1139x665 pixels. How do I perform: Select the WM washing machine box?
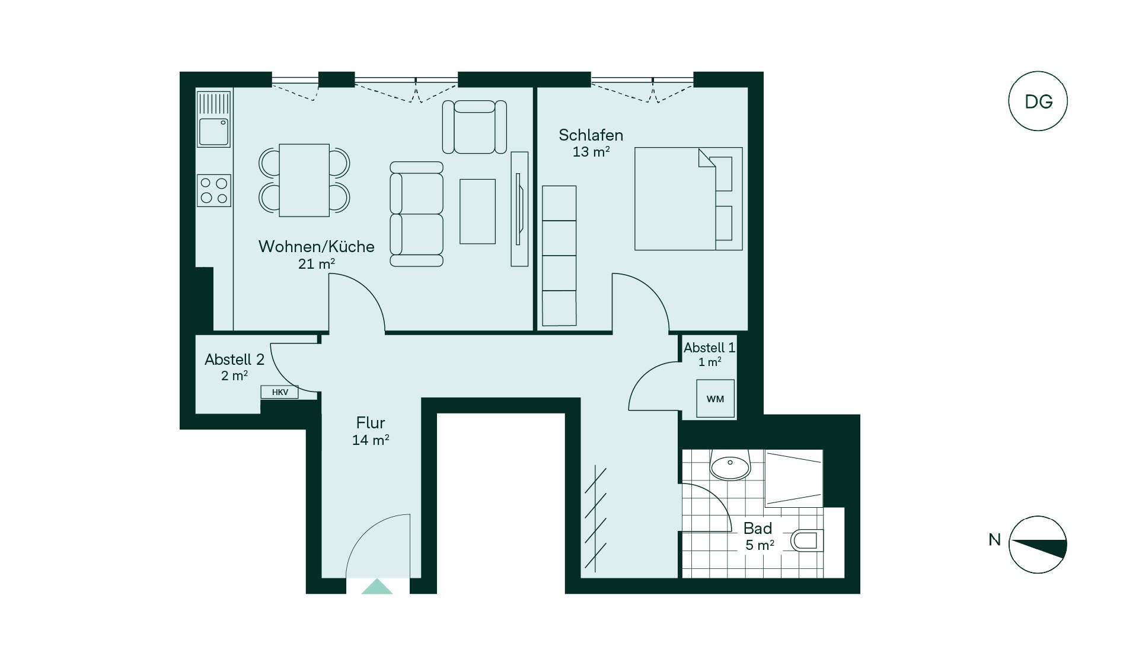(x=715, y=399)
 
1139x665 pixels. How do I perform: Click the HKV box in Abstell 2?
(x=279, y=392)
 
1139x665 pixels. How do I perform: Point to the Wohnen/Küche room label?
(x=316, y=247)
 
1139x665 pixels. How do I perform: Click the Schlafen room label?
(x=591, y=135)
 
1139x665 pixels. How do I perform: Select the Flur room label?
(x=371, y=423)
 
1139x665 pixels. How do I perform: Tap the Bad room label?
(x=758, y=529)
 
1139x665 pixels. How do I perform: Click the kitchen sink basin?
(x=213, y=132)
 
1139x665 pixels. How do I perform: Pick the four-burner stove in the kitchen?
(x=213, y=190)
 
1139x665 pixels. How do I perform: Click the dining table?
(x=304, y=180)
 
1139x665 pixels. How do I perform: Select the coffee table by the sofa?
(x=477, y=211)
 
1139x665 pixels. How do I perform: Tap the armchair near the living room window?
(x=474, y=127)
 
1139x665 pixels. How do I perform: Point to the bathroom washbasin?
(x=730, y=465)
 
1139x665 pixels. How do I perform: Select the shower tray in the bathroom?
(x=793, y=478)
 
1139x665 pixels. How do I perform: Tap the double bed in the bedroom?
(x=688, y=199)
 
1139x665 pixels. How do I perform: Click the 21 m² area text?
(x=316, y=263)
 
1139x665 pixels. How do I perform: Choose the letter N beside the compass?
(x=994, y=540)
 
